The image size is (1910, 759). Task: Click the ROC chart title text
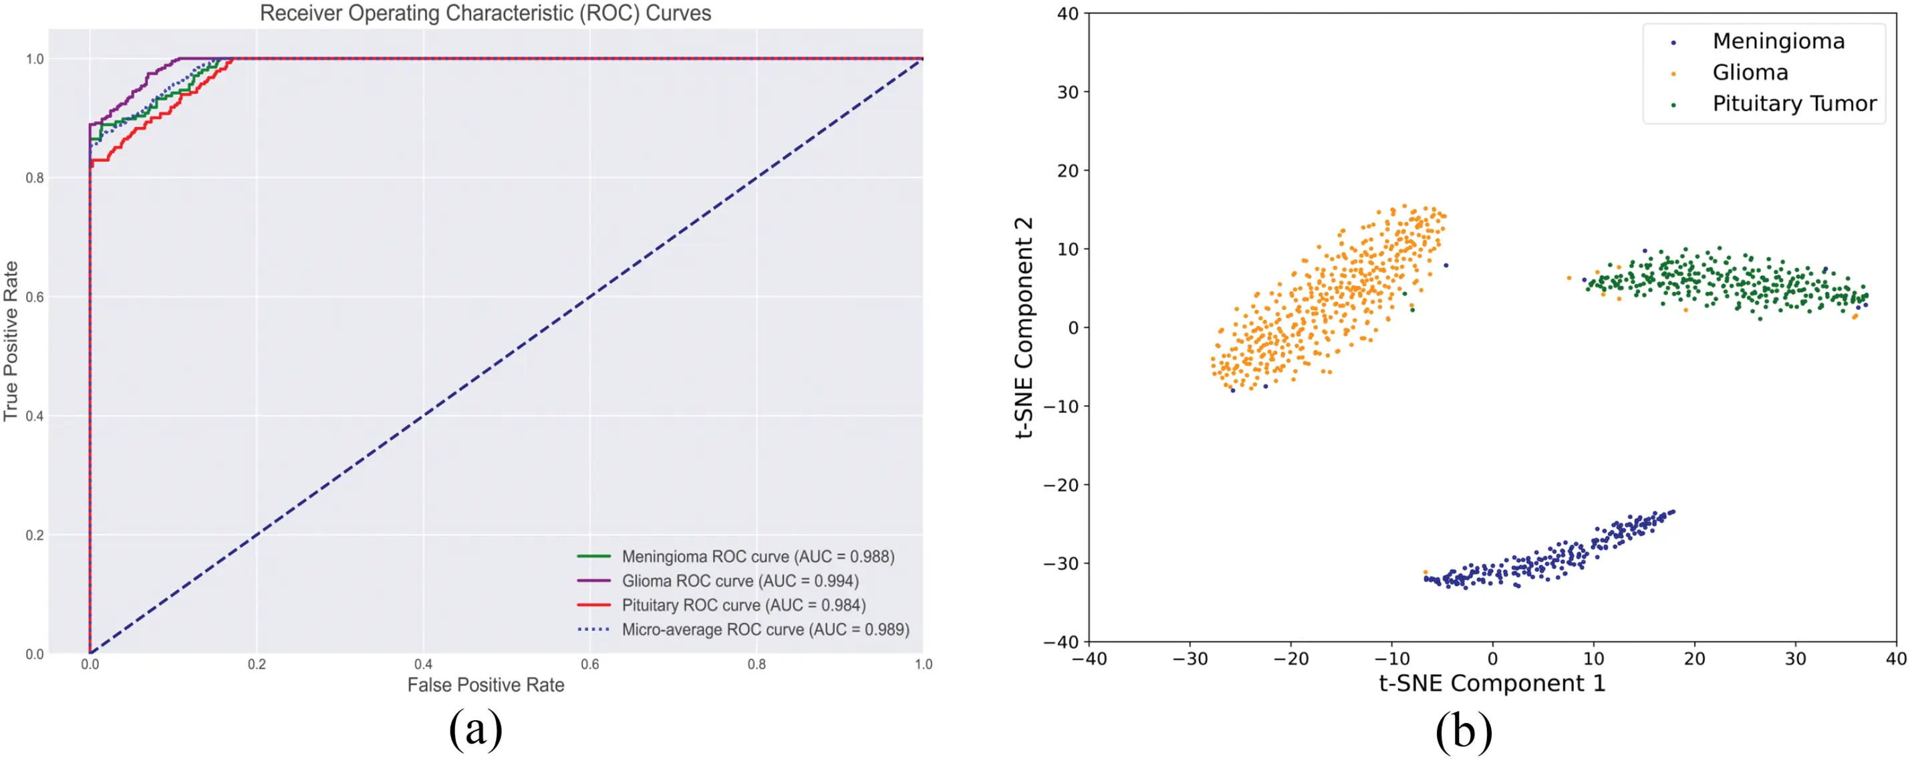[x=486, y=13]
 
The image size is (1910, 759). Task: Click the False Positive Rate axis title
[x=486, y=685]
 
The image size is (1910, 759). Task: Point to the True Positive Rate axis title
[x=11, y=341]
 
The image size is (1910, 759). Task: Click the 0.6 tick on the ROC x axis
[x=589, y=664]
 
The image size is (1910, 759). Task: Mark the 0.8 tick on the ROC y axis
[x=35, y=178]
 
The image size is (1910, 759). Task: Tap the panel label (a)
[x=475, y=730]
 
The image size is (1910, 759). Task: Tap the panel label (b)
[x=1464, y=731]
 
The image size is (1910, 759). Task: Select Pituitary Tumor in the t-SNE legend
[x=1794, y=104]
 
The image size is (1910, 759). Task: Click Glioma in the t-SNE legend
[x=1750, y=73]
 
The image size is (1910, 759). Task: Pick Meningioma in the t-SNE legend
[x=1778, y=41]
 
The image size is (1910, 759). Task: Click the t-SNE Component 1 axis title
[x=1492, y=683]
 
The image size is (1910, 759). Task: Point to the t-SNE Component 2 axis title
[x=1024, y=327]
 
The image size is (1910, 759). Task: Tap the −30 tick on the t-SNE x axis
[x=1190, y=659]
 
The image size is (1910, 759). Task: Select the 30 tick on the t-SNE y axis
[x=1068, y=92]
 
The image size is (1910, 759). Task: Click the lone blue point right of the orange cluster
[x=1445, y=265]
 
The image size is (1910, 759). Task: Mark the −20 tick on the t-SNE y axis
[x=1062, y=485]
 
